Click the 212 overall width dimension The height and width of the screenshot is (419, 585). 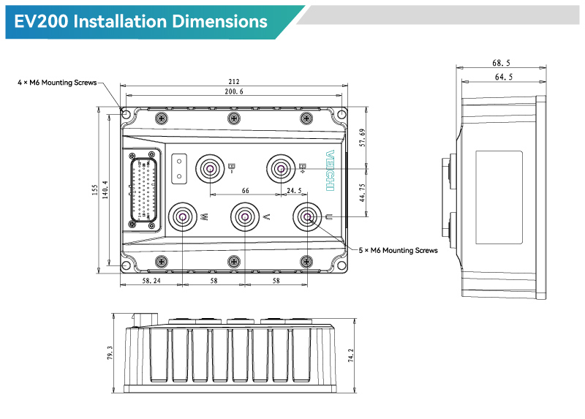pyautogui.click(x=234, y=83)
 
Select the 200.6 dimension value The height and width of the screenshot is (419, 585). pyautogui.click(x=234, y=92)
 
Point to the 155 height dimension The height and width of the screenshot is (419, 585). pyautogui.click(x=95, y=190)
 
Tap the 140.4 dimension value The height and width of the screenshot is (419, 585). pyautogui.click(x=106, y=190)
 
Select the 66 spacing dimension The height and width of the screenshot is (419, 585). pyautogui.click(x=246, y=191)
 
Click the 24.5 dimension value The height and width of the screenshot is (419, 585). pyautogui.click(x=294, y=191)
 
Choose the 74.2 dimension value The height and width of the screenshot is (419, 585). pyautogui.click(x=352, y=356)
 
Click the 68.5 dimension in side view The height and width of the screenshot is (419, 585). pyautogui.click(x=501, y=64)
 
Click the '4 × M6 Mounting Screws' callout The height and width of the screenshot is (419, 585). pyautogui.click(x=57, y=83)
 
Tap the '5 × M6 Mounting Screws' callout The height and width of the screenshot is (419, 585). pyautogui.click(x=399, y=251)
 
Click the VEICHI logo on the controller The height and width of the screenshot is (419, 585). pyautogui.click(x=330, y=173)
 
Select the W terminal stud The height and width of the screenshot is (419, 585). pyautogui.click(x=182, y=217)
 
